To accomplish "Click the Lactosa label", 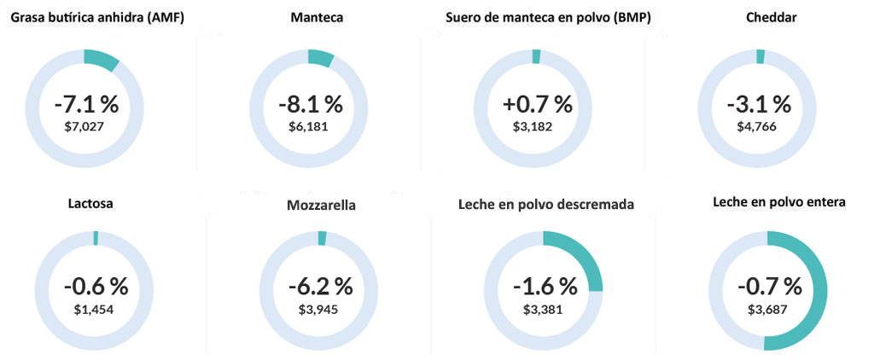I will [90, 204].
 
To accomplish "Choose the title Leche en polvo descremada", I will [545, 204].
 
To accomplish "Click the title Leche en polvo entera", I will [779, 203].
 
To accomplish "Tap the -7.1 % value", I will [86, 105].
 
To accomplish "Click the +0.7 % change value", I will [537, 105].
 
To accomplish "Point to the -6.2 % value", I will [318, 285].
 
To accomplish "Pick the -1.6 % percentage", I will [543, 285].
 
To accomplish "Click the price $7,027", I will [86, 126].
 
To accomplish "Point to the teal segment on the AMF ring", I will [102, 61].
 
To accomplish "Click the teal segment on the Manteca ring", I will [321, 58].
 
